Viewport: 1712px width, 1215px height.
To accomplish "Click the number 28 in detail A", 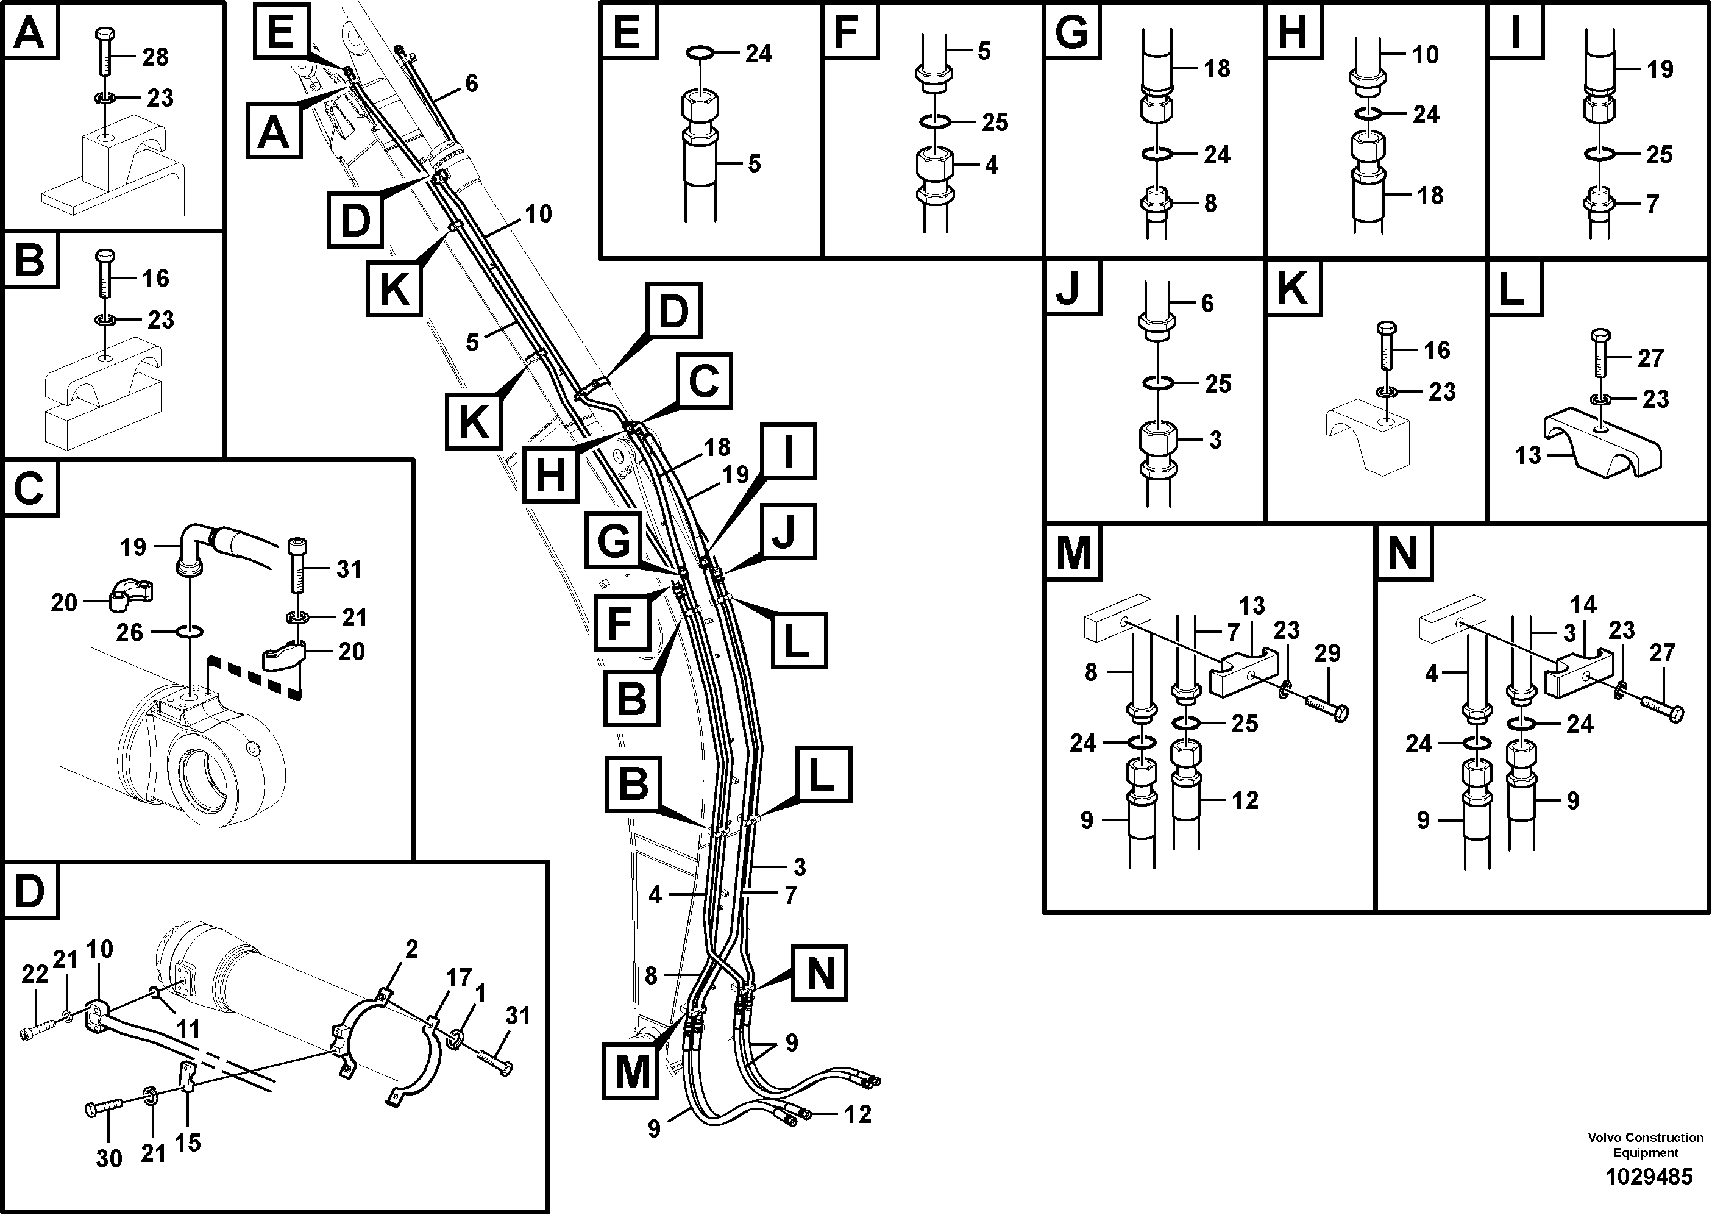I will [x=155, y=57].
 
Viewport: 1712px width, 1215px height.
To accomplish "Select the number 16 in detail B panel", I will [x=155, y=279].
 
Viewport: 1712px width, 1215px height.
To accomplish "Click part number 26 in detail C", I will [x=129, y=632].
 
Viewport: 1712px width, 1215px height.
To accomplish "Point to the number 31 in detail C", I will [x=349, y=569].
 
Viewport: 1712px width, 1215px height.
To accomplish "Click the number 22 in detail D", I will [x=34, y=974].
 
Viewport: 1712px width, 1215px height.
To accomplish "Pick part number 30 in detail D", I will [x=109, y=1159].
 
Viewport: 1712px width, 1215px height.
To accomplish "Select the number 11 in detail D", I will [x=187, y=1030].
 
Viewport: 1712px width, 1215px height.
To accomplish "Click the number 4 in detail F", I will [x=991, y=165].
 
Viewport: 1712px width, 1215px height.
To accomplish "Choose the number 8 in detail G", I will [x=1210, y=203].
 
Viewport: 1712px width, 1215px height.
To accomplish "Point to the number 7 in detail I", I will [x=1653, y=204].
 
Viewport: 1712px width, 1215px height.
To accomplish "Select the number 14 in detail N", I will [x=1583, y=605].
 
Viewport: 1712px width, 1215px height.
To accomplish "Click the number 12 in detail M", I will [x=1245, y=800].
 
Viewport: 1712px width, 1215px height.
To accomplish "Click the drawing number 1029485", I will [x=1649, y=1177].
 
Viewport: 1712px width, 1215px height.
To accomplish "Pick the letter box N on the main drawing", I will [x=820, y=972].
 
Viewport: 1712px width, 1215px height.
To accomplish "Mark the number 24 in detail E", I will [x=758, y=54].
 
